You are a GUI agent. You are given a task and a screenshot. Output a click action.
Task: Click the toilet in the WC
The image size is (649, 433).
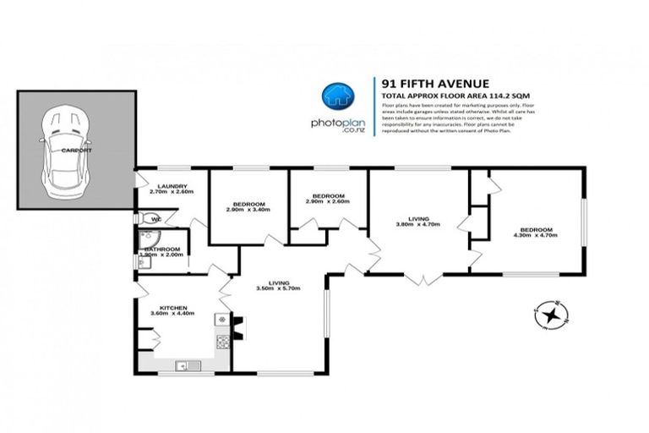155,220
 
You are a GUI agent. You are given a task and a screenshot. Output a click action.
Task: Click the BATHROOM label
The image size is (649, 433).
161,249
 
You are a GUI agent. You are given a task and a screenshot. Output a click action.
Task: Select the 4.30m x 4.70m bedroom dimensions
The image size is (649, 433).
537,234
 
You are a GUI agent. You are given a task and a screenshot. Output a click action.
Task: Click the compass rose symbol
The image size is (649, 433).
552,315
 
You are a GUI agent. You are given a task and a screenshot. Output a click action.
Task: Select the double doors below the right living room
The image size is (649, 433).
420,277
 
